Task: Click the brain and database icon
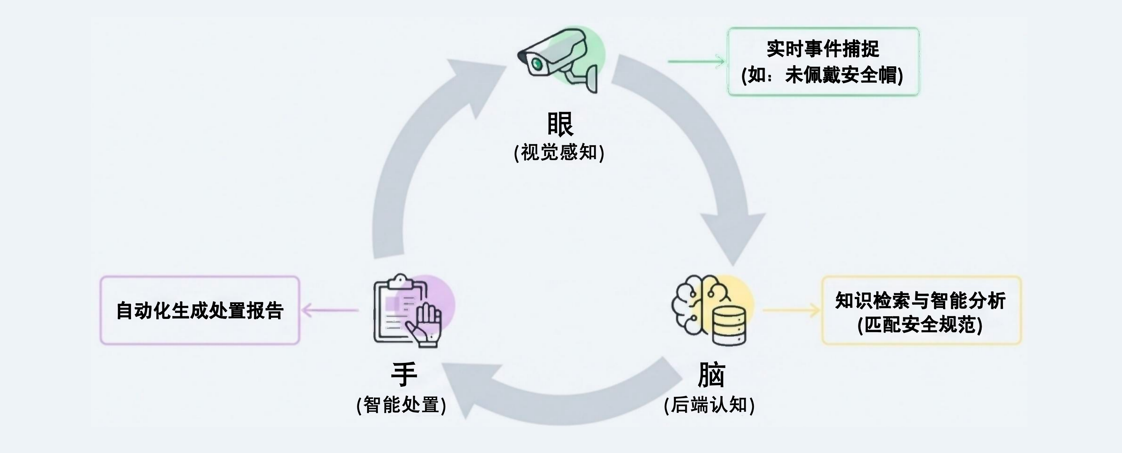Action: [710, 310]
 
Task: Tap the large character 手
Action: [404, 374]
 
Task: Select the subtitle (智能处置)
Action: [401, 405]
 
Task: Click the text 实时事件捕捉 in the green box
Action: [823, 49]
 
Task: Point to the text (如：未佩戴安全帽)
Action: [822, 75]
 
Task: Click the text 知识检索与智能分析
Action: [920, 301]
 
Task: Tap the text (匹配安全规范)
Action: [920, 325]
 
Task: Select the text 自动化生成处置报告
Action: [200, 311]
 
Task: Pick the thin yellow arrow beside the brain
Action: [791, 311]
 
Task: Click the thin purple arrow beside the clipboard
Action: [330, 311]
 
